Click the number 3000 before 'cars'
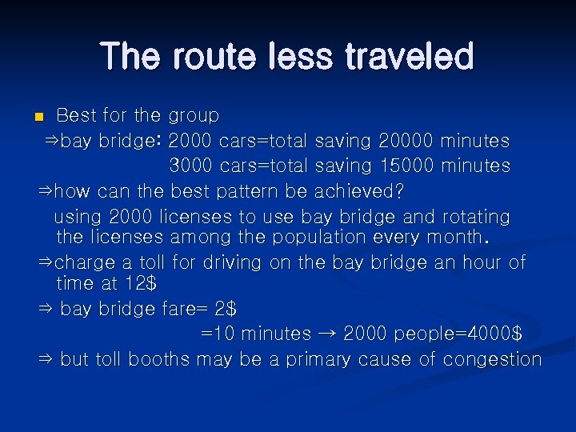pos(190,166)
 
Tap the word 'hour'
pos(474,262)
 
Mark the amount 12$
pos(141,283)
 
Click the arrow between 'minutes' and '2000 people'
pos(326,334)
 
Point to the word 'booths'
pos(155,359)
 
